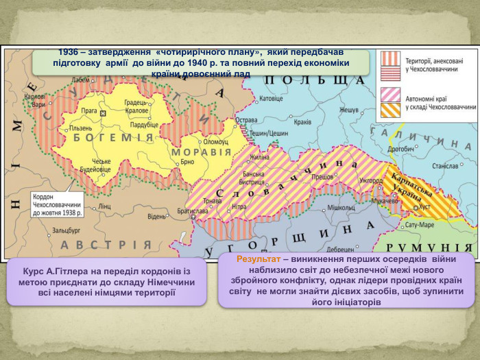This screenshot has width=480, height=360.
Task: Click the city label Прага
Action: pyautogui.click(x=88, y=110)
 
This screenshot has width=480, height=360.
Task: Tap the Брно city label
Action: pyautogui.click(x=187, y=163)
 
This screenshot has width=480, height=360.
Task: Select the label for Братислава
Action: pyautogui.click(x=192, y=211)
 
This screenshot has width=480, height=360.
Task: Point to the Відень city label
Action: pyautogui.click(x=156, y=217)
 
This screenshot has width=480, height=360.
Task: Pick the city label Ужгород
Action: pyautogui.click(x=371, y=180)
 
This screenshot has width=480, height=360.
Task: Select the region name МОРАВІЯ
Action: pyautogui.click(x=202, y=152)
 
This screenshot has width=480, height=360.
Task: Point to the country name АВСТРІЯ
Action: pyautogui.click(x=106, y=245)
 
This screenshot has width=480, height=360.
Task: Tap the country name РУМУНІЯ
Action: pyautogui.click(x=430, y=248)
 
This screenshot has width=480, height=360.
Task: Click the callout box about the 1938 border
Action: pyautogui.click(x=58, y=204)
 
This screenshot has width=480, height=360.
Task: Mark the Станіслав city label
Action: pyautogui.click(x=444, y=166)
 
